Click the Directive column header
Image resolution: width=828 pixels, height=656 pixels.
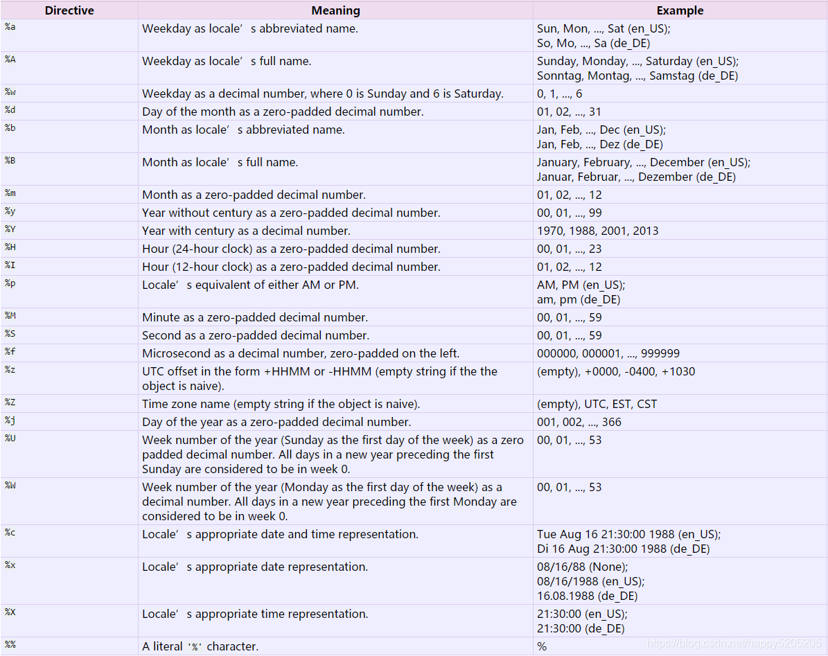[69, 10]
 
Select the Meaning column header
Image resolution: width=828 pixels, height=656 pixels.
[335, 10]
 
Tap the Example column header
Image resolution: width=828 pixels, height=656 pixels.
[680, 10]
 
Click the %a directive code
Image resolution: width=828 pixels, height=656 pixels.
[10, 28]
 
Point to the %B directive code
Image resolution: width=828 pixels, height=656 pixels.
[10, 161]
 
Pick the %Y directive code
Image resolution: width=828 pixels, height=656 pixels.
[10, 230]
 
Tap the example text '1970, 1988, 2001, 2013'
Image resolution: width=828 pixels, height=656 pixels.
[597, 231]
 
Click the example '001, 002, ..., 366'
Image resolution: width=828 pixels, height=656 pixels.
[579, 422]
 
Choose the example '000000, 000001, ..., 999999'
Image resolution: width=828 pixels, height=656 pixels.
[608, 353]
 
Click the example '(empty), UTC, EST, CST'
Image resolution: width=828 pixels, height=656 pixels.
[597, 404]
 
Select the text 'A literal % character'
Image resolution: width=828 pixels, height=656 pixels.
[200, 646]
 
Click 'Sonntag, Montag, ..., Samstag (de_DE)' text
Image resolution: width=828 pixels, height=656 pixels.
[637, 76]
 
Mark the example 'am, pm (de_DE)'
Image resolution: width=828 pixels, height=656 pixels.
[579, 299]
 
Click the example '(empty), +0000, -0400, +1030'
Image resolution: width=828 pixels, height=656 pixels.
[616, 371]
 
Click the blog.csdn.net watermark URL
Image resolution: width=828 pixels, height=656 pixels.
[734, 644]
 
